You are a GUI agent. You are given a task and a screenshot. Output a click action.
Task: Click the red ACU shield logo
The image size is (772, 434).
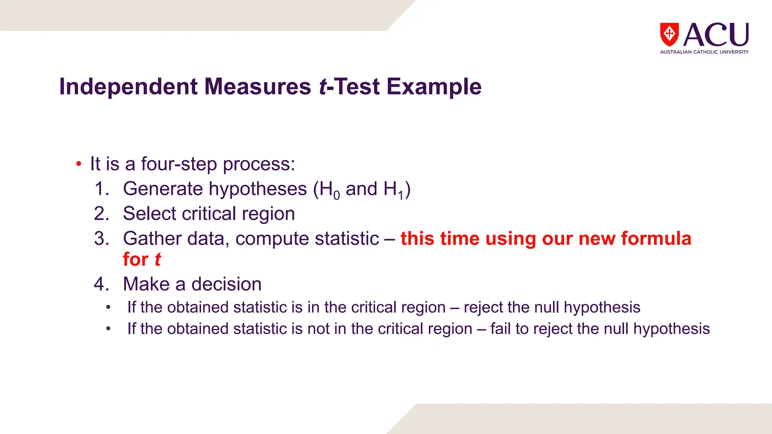click(669, 34)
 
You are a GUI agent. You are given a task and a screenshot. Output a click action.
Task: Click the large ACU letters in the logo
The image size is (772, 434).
click(715, 35)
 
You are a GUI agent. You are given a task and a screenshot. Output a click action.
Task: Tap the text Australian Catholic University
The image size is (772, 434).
click(704, 52)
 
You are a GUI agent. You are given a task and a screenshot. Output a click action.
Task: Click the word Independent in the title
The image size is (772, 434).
click(128, 87)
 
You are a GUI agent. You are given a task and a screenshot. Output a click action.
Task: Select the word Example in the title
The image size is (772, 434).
click(434, 87)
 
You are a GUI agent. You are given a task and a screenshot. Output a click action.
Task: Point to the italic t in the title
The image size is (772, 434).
click(323, 87)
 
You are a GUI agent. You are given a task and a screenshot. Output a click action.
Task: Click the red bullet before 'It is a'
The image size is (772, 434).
click(78, 164)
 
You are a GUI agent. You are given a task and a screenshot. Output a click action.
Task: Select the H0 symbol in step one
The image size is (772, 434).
click(329, 189)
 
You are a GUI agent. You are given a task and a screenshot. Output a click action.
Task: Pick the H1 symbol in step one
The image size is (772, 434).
click(394, 189)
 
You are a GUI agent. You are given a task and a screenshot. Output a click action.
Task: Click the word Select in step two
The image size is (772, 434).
click(150, 214)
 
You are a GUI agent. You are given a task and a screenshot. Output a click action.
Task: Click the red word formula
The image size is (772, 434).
click(656, 238)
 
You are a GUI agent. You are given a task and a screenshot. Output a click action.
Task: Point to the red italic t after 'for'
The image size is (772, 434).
click(158, 260)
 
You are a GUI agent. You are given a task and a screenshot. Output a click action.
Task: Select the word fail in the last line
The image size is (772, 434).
click(501, 329)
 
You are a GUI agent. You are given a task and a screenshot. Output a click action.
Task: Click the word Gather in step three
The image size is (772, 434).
click(152, 238)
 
